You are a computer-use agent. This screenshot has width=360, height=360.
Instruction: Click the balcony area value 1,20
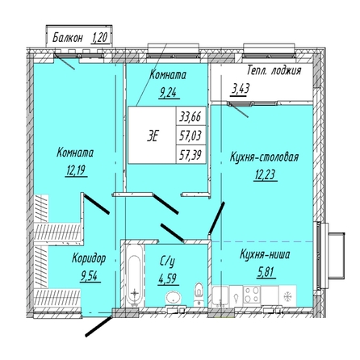coord(100,38)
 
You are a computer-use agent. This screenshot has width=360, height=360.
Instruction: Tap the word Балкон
coord(67,38)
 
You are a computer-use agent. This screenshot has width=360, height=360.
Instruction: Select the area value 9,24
coord(168,93)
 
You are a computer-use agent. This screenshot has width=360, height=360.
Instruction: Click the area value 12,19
coord(76,170)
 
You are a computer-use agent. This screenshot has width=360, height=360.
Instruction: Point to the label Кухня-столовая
coord(264,157)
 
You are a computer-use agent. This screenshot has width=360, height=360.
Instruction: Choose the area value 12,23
coord(266,175)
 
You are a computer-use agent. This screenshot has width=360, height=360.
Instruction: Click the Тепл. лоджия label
coord(274,71)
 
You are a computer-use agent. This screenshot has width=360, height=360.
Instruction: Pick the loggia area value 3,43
coord(241,89)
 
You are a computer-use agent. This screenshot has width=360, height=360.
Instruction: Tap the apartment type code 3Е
coord(153,136)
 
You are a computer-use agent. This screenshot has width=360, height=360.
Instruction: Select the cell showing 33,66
coord(190,116)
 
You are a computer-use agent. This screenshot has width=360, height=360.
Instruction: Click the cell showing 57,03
coord(190,135)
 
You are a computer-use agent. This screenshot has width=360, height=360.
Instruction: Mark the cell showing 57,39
coord(190,154)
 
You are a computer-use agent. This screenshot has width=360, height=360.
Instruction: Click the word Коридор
coord(89,259)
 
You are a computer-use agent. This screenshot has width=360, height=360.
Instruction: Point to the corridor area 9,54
coord(90,276)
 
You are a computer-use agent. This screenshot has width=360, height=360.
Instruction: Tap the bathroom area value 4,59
coord(168,278)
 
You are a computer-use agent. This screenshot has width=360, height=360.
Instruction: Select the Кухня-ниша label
coord(265,254)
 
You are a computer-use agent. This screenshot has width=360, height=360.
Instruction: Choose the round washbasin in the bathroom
coord(174,298)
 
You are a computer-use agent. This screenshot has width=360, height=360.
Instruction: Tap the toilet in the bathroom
coord(199,293)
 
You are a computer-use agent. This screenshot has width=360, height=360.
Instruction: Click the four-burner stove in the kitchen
coord(252,295)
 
